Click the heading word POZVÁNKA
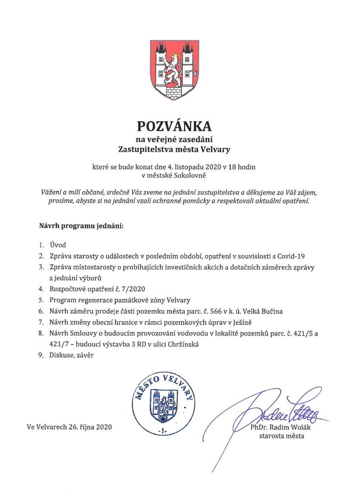tap(179, 126)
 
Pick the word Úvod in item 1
tap(58, 245)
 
